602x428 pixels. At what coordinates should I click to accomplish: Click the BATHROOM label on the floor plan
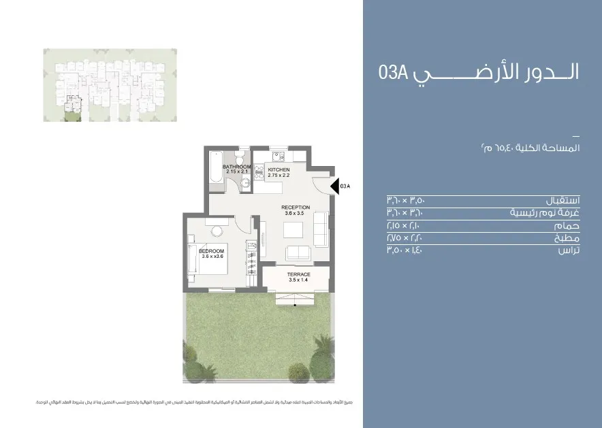pyautogui.click(x=237, y=167)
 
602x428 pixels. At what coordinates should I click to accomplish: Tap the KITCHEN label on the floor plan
pyautogui.click(x=279, y=169)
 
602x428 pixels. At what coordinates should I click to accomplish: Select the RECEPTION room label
pyautogui.click(x=296, y=208)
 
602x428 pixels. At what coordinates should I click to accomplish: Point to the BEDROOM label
pyautogui.click(x=211, y=251)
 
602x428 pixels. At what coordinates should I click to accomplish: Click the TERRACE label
pyautogui.click(x=299, y=274)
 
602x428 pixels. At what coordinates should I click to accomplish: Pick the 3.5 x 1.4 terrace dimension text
pyautogui.click(x=299, y=280)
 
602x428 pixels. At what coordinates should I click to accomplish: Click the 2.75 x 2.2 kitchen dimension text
pyautogui.click(x=279, y=176)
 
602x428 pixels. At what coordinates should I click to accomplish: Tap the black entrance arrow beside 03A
pyautogui.click(x=334, y=186)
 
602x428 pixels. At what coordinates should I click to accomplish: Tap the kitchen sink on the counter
pyautogui.click(x=259, y=174)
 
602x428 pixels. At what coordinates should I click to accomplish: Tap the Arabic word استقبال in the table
pyautogui.click(x=563, y=201)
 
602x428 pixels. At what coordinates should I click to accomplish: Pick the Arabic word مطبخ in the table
pyautogui.click(x=567, y=238)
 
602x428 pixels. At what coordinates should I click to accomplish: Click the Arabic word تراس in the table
pyautogui.click(x=568, y=250)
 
